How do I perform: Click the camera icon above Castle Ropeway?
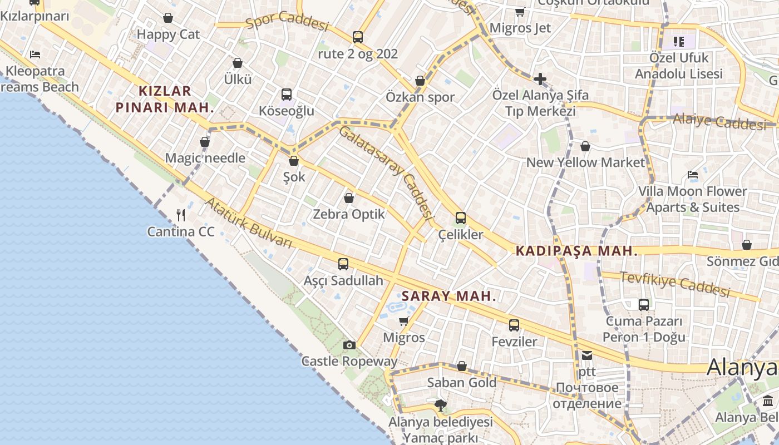click(349, 345)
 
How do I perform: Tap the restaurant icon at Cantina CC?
click(181, 215)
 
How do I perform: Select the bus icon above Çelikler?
click(461, 218)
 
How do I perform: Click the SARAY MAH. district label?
click(448, 296)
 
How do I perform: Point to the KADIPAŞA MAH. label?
click(576, 251)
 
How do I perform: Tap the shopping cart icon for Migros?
click(404, 322)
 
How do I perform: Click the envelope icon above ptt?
click(587, 355)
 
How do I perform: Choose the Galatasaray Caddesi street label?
click(386, 172)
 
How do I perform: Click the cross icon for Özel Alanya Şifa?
click(540, 79)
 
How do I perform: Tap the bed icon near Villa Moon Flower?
click(693, 175)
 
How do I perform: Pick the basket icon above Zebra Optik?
click(349, 198)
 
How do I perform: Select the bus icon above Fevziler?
click(514, 325)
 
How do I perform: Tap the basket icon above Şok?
click(294, 161)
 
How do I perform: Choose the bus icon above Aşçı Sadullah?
click(343, 264)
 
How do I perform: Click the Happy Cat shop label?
click(168, 34)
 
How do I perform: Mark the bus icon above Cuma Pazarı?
click(644, 305)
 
